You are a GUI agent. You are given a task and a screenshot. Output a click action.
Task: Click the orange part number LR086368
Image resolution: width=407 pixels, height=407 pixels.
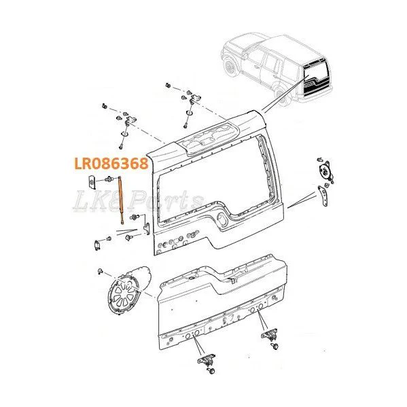[111, 164]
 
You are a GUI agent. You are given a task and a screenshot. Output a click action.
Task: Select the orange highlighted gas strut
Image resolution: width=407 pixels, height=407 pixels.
[121, 200]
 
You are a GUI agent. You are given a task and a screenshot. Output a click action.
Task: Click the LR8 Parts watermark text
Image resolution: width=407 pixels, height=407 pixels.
[137, 201]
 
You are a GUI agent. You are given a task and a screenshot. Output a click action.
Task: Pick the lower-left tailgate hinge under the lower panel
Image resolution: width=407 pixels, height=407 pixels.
[207, 359]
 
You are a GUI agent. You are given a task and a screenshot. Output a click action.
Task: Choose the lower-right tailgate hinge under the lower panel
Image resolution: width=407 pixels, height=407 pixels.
[270, 334]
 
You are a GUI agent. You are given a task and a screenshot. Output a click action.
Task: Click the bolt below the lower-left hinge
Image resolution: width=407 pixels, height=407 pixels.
[212, 371]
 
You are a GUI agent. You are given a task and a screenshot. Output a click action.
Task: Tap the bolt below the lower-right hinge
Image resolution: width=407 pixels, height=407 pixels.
[275, 347]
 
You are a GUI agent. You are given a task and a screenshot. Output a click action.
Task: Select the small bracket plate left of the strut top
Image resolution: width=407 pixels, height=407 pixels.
[91, 181]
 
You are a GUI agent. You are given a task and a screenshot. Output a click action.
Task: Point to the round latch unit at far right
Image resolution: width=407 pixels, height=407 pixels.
[325, 171]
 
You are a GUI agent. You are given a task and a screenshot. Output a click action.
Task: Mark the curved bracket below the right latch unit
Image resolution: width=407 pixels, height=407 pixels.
[322, 196]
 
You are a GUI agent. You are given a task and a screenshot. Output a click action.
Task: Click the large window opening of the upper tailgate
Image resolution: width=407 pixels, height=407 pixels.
[215, 181]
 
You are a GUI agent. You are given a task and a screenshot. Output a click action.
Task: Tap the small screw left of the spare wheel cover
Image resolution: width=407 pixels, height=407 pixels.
[100, 271]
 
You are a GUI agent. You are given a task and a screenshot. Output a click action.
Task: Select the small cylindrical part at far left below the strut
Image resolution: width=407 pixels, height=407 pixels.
[97, 245]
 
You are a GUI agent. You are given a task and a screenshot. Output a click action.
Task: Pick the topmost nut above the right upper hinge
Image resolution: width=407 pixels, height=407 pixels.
[169, 85]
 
